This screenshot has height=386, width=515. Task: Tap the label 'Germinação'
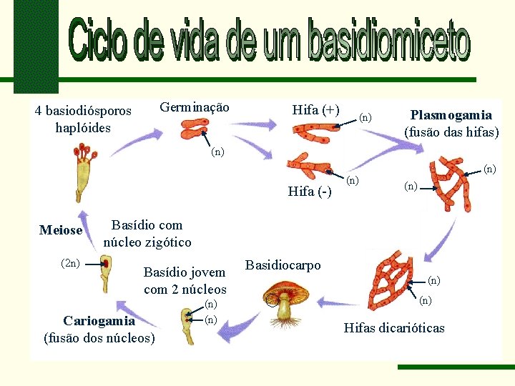pos(195,108)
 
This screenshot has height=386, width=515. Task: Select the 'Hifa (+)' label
pos(315,109)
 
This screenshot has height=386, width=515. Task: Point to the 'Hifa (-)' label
pos(310,191)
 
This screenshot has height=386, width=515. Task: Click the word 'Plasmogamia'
pos(451,114)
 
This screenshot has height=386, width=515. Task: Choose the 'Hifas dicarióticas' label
pos(394,328)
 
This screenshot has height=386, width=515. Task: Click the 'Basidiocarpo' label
pos(283,264)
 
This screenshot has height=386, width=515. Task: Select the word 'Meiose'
pos(61,230)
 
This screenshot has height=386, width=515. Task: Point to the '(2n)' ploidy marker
pos(70,262)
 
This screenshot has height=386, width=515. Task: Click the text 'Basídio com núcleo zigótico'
pos(147,234)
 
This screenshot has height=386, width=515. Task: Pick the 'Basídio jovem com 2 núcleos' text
pos(185,280)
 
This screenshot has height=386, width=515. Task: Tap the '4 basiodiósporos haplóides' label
pos(83,119)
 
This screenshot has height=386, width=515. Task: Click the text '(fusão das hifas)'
pos(451,132)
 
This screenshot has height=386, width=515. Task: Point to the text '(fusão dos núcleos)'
pos(99,337)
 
